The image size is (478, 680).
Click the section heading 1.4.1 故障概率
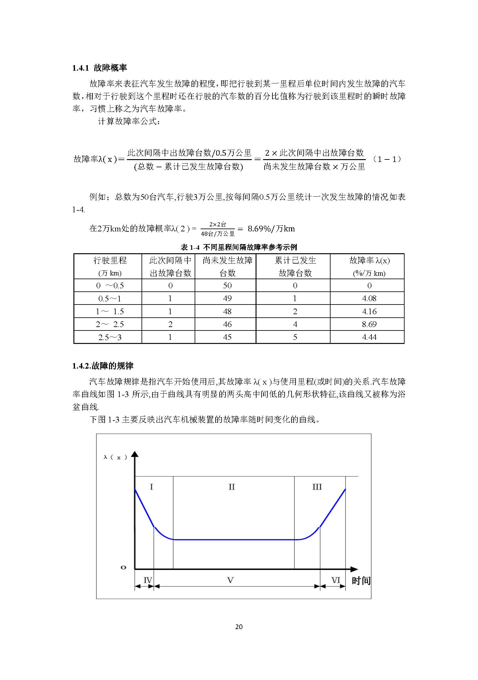100,68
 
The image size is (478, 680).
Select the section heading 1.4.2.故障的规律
103,366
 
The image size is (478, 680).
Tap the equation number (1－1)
387,159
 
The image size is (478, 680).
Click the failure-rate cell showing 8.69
369,324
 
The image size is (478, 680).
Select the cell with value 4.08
369,298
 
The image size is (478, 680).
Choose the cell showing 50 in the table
227,285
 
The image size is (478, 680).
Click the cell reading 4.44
369,337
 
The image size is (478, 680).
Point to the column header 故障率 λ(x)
369,266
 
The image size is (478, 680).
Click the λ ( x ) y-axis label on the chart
115,457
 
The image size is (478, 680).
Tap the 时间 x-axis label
361,581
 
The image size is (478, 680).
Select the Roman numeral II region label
232,487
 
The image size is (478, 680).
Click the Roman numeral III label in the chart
317,487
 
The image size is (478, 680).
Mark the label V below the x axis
230,580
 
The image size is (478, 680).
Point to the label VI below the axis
336,580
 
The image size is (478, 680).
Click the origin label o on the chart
123,567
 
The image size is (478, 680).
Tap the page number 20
239,627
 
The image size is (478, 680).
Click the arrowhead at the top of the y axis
135,454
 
